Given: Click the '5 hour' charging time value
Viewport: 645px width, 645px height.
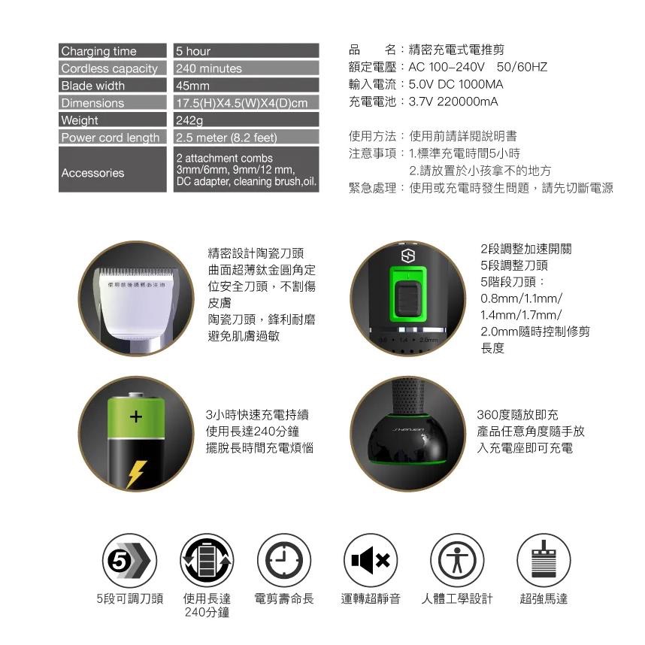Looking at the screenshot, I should [x=193, y=51].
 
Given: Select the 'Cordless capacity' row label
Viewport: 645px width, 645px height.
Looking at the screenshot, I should [x=109, y=68].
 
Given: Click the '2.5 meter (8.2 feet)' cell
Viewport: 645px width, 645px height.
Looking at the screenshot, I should [x=226, y=138].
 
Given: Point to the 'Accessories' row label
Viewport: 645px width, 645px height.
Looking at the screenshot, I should [x=92, y=173].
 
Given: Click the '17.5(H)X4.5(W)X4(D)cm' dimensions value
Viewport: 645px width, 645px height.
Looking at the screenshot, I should [x=242, y=103].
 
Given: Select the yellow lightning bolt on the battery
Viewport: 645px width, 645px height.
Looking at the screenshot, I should [x=136, y=473].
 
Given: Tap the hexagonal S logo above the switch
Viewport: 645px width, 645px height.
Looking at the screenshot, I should [x=408, y=256].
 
